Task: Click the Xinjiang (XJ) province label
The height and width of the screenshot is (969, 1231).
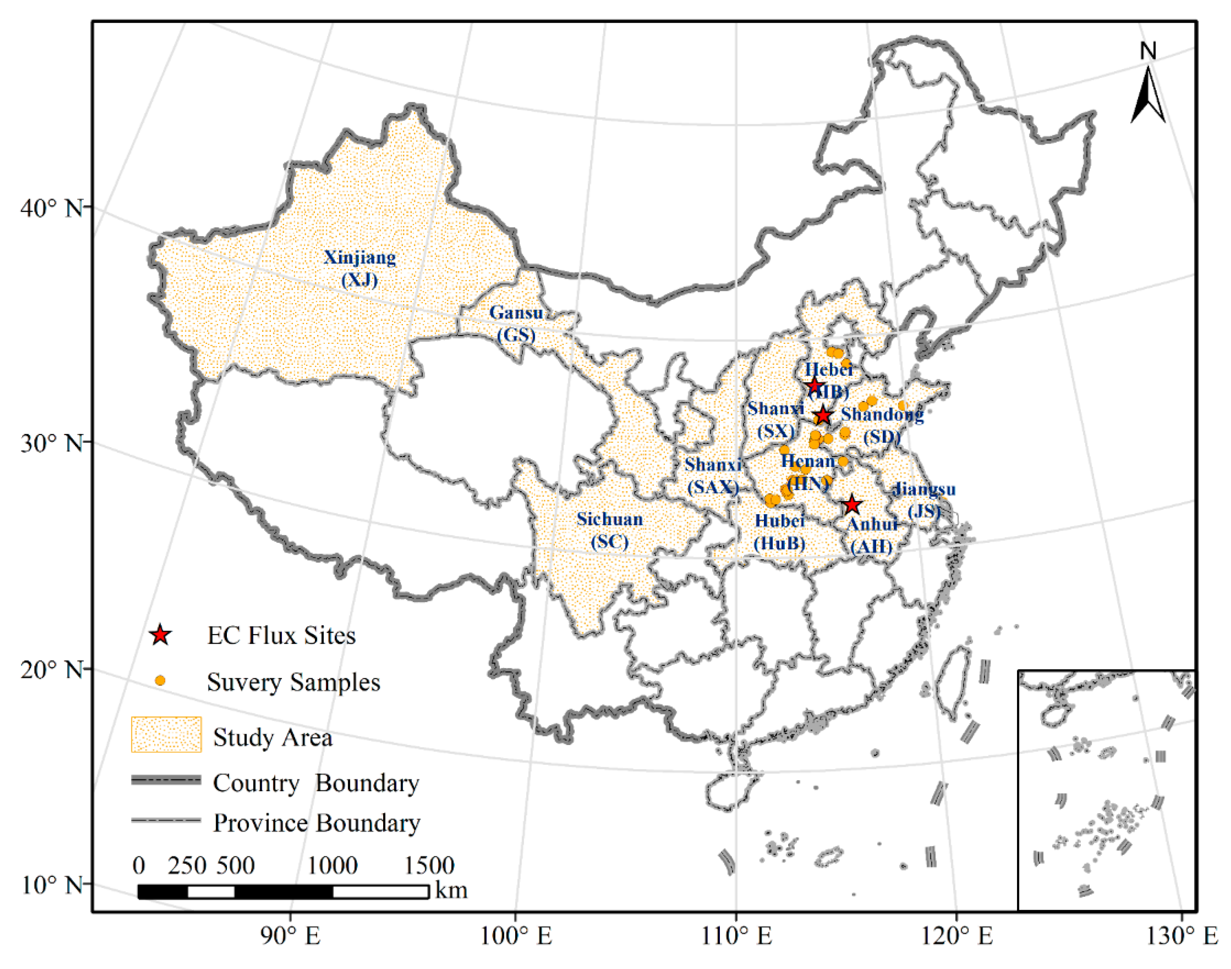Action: click(x=360, y=268)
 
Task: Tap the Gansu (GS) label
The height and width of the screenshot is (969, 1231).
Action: click(x=516, y=323)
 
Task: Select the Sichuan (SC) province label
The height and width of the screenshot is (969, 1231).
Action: click(x=610, y=530)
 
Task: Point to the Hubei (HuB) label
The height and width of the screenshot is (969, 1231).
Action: click(x=779, y=532)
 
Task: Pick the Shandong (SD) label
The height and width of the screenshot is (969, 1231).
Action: click(x=882, y=425)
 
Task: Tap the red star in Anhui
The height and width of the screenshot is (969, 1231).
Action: click(x=852, y=505)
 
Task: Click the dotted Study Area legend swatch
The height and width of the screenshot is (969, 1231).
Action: click(x=166, y=735)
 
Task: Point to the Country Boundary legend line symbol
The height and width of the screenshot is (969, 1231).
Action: click(x=166, y=781)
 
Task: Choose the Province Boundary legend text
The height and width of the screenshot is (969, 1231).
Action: click(x=317, y=822)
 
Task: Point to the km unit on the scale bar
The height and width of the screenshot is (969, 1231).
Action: click(x=452, y=890)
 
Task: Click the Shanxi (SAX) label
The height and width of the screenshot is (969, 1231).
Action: click(x=713, y=475)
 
